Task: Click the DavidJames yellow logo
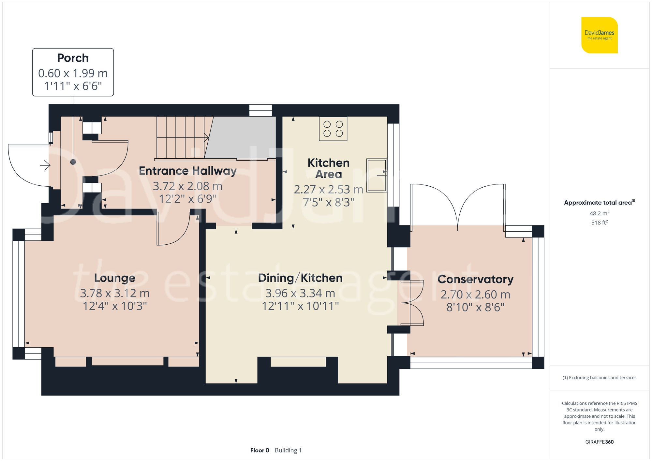599,35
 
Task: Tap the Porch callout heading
73,58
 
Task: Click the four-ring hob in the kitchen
333,129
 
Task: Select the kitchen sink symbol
377,175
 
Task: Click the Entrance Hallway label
187,171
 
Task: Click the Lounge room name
114,278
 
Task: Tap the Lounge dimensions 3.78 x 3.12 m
114,293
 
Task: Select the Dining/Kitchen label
300,278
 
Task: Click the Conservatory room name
475,279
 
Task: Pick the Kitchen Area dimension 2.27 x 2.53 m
328,189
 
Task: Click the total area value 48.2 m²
599,213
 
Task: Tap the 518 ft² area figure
599,223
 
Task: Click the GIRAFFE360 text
599,442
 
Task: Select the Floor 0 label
259,450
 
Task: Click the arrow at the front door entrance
45,166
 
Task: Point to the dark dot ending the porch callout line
73,162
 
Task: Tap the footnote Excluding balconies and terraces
599,378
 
